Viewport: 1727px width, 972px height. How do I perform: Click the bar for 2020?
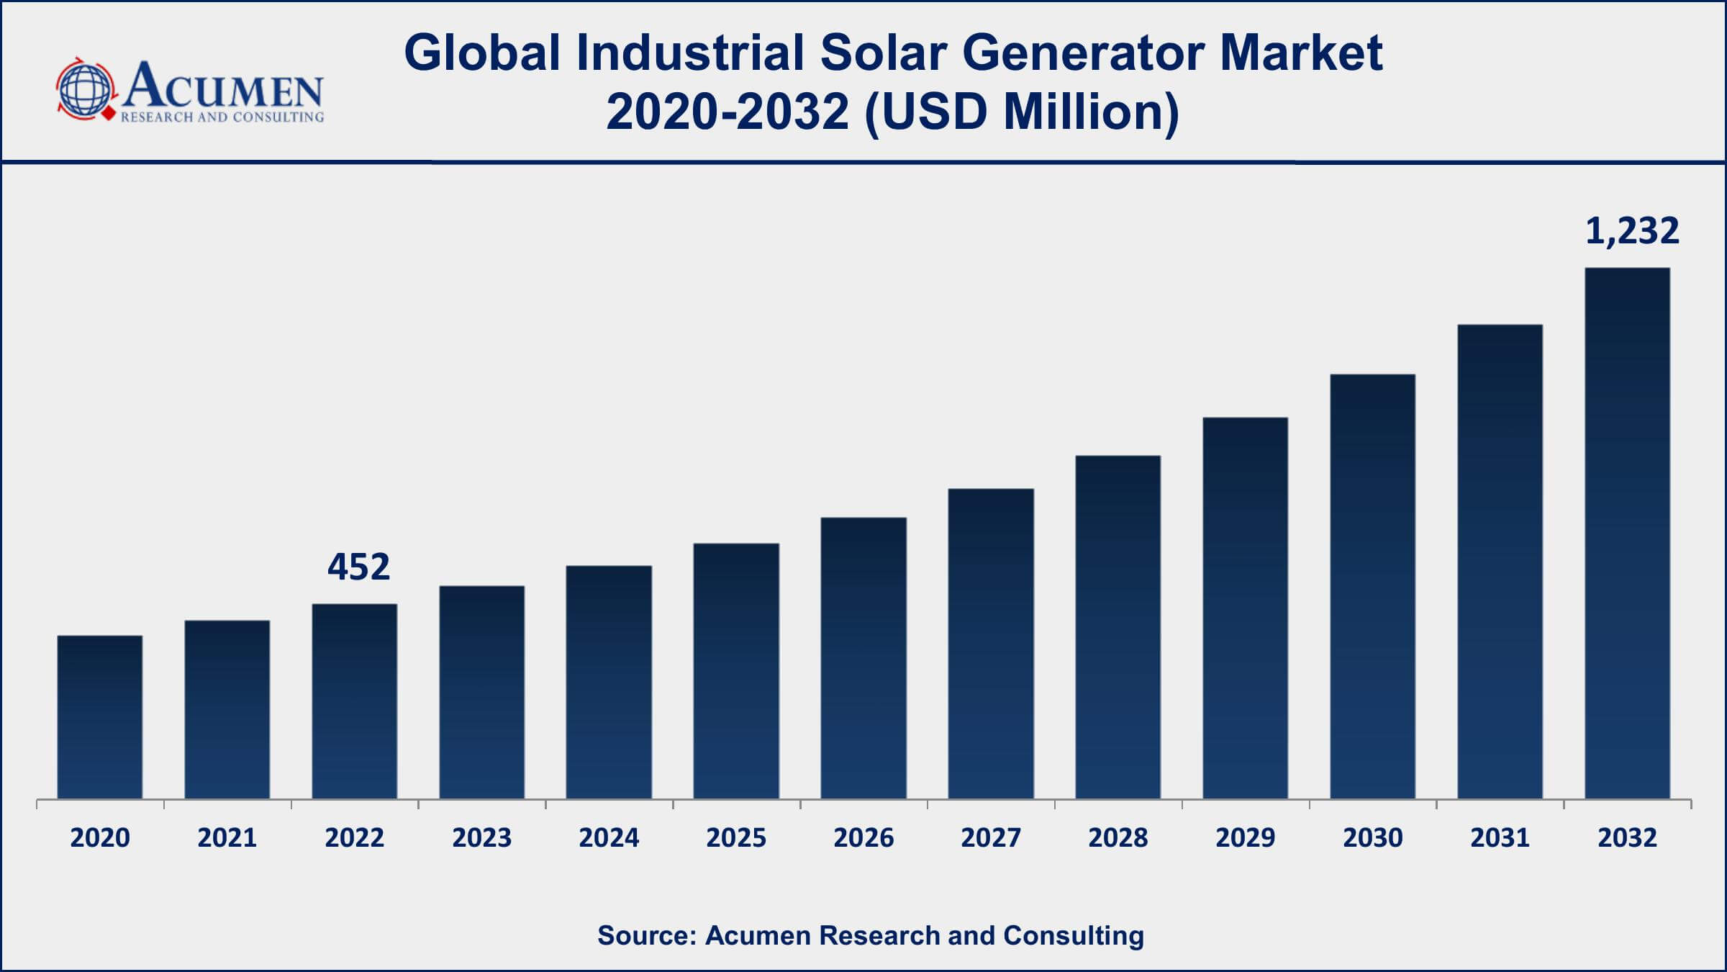pos(100,717)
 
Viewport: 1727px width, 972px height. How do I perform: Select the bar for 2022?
pos(355,701)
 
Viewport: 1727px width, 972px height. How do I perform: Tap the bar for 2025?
pos(736,671)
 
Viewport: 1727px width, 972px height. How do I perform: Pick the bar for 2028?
pos(1118,627)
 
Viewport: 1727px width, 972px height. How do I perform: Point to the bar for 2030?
pos(1373,586)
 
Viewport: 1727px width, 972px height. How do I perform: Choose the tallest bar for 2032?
pos(1628,534)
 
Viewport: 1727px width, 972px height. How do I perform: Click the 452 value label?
pos(358,567)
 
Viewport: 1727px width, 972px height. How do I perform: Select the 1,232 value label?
pos(1632,231)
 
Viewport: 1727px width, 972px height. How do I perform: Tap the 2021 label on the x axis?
pos(227,838)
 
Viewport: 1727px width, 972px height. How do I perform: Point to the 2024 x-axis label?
pos(609,838)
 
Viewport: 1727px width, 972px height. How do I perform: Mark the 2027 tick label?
pos(991,838)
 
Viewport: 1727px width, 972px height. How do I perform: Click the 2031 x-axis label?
pos(1500,838)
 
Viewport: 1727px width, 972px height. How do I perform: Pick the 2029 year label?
pos(1246,838)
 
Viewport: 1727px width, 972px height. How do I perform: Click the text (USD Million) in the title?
pos(1022,112)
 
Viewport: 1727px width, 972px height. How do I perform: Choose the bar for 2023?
pos(482,693)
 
